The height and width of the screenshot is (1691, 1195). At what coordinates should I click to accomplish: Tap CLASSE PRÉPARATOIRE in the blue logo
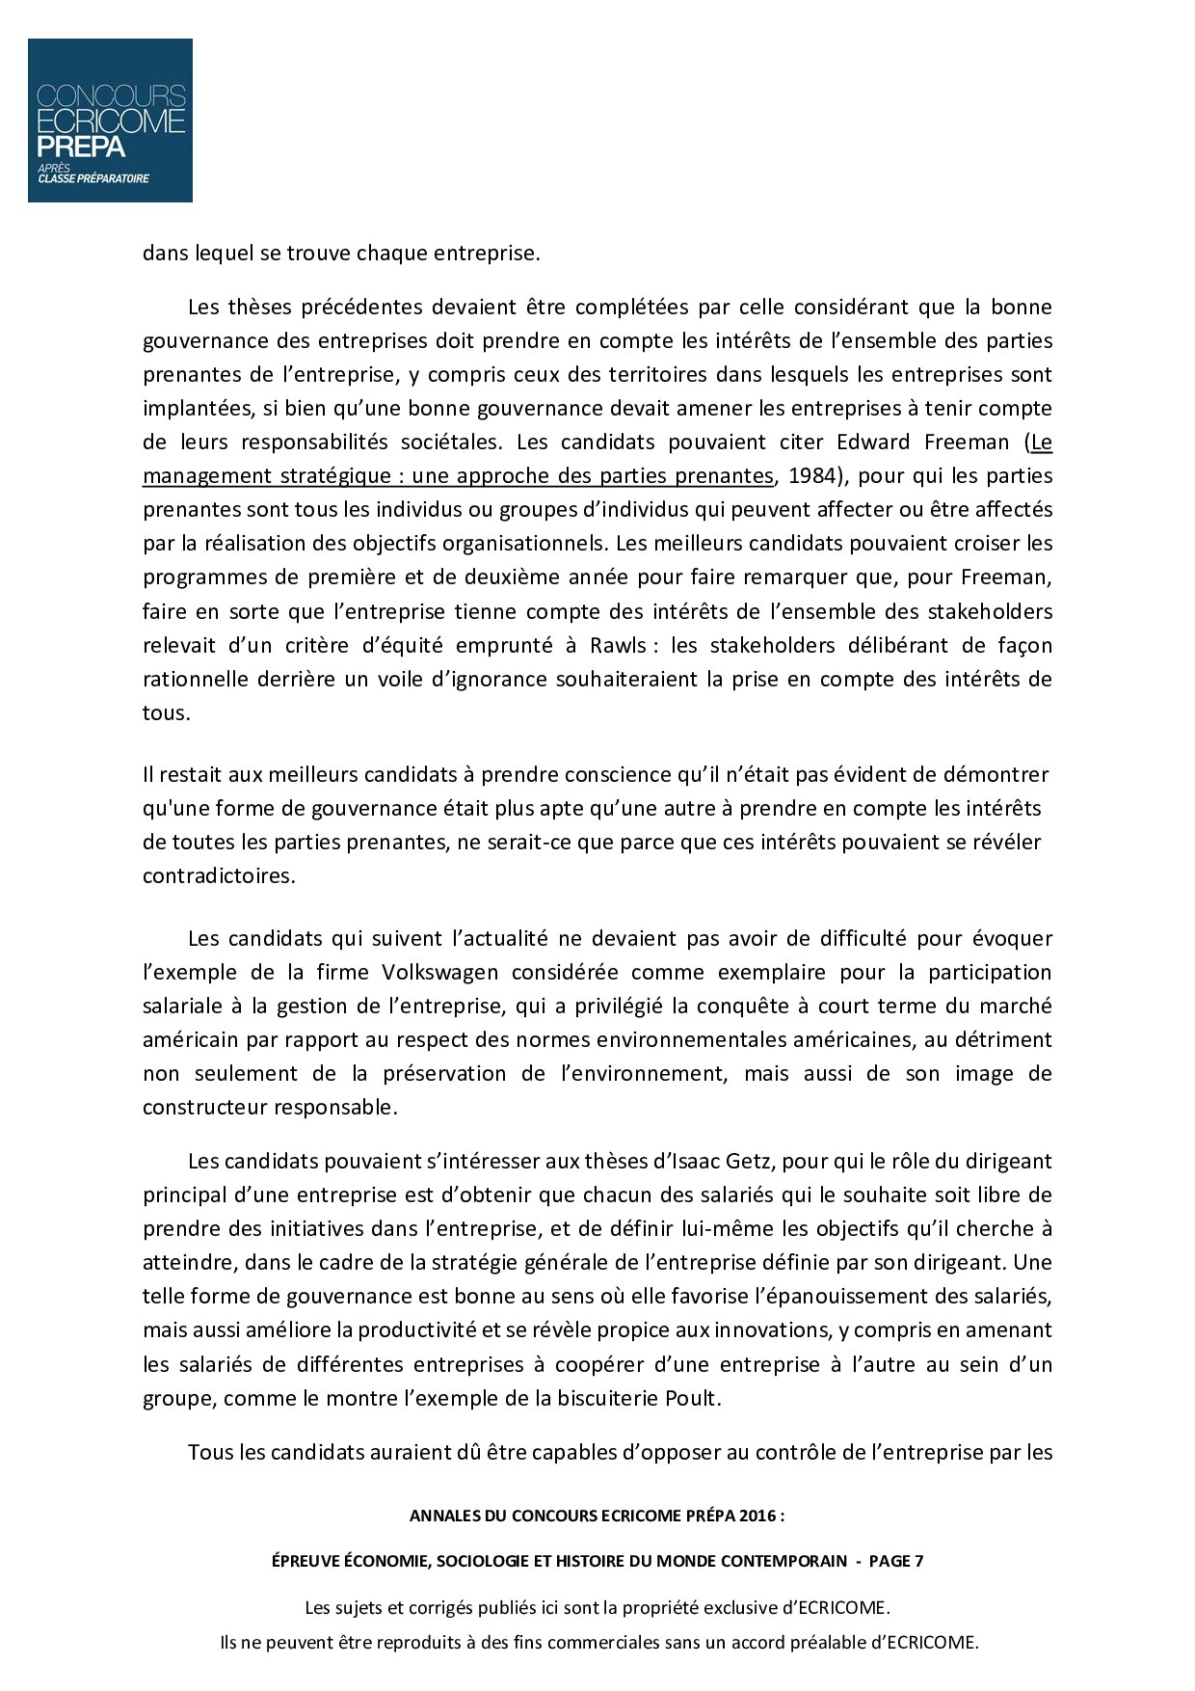click(93, 178)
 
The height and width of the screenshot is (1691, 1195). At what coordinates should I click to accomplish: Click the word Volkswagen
click(440, 972)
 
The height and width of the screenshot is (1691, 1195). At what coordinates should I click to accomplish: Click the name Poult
click(691, 1398)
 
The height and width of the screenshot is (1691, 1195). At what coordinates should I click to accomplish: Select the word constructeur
click(204, 1107)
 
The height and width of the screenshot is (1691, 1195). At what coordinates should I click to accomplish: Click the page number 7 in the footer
click(918, 1561)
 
